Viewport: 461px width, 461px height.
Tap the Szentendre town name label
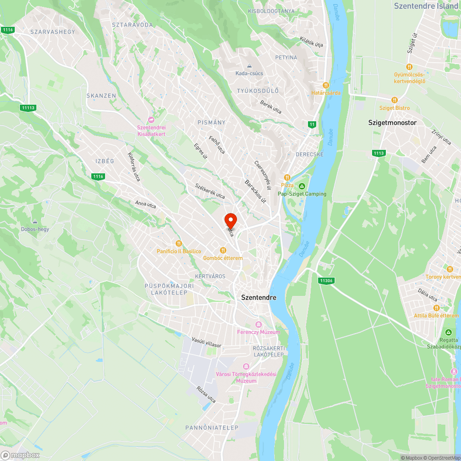[x=259, y=297]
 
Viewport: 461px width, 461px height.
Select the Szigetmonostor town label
[x=392, y=123]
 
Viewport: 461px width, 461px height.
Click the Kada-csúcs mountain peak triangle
[x=250, y=66]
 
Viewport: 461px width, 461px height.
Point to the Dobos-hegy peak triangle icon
[x=35, y=222]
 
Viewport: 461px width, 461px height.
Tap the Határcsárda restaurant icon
[x=326, y=85]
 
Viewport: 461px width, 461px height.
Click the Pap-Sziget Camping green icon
[x=301, y=186]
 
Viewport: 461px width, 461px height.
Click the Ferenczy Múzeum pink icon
[x=258, y=325]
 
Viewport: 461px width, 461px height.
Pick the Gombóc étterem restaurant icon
[x=223, y=250]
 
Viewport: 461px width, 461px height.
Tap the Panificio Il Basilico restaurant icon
[x=179, y=243]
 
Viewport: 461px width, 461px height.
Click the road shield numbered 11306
[x=326, y=280]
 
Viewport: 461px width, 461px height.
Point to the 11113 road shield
[x=28, y=108]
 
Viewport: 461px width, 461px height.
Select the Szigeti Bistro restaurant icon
[x=394, y=100]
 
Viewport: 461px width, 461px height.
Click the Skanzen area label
[x=101, y=95]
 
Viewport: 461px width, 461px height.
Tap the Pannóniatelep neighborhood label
[x=212, y=428]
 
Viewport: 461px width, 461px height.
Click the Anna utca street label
[x=146, y=204]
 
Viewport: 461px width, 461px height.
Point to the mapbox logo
[x=20, y=455]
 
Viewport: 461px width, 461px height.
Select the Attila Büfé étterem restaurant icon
[x=436, y=308]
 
